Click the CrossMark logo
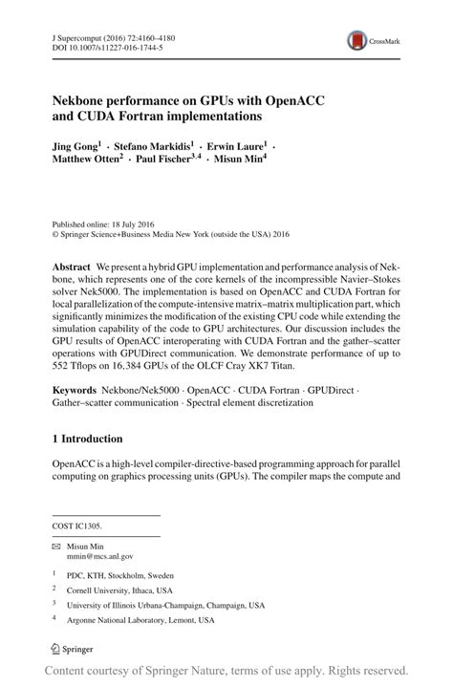[368, 41]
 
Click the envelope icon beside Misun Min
[56, 544]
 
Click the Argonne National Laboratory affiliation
[142, 621]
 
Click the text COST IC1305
[77, 525]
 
